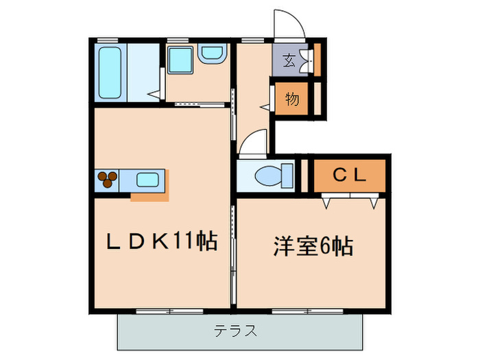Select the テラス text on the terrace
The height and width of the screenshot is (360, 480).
(x=235, y=332)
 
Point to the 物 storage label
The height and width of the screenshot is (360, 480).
(x=291, y=99)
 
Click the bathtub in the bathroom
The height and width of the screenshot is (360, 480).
(x=110, y=72)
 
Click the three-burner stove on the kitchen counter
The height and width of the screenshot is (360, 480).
(x=108, y=180)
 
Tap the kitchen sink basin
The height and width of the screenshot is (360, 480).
(x=149, y=180)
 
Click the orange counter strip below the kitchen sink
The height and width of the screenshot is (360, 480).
(x=149, y=197)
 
